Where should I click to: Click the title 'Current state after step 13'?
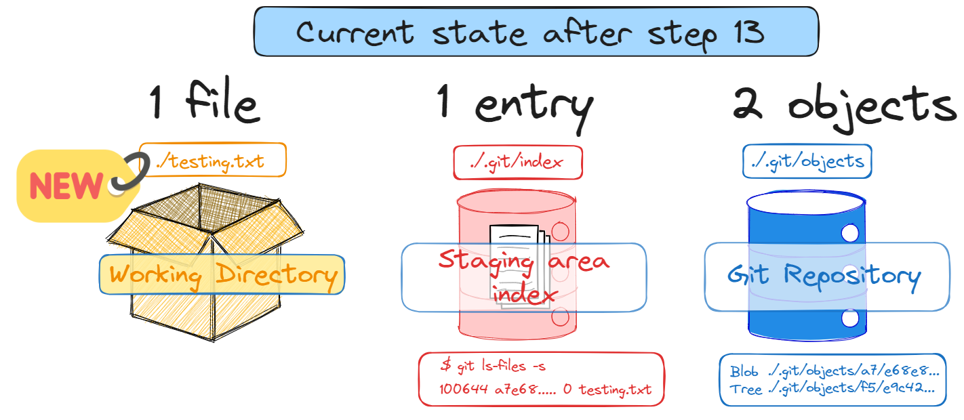[x=535, y=32]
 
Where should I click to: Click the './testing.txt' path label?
[x=212, y=161]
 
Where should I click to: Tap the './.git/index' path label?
[x=517, y=163]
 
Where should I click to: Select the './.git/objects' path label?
[x=807, y=161]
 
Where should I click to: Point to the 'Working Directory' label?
[x=222, y=274]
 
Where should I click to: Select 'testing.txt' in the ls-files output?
[x=615, y=390]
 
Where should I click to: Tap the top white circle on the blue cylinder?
[x=849, y=234]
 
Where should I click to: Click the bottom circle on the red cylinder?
[x=559, y=316]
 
